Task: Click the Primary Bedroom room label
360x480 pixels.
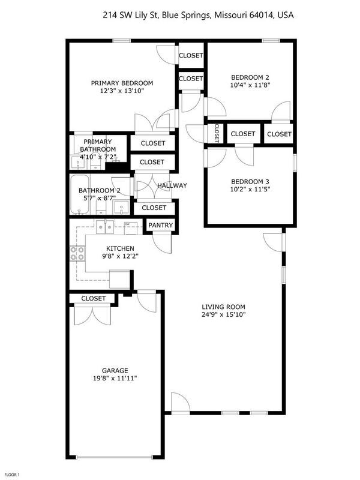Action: [122, 83]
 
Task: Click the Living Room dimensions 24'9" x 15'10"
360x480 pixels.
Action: [224, 314]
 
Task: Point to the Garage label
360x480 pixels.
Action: [115, 370]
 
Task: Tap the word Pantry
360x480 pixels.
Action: [161, 226]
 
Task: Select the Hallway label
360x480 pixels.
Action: [172, 186]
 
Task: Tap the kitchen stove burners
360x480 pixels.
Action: [77, 254]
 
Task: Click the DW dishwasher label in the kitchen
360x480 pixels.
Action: [127, 224]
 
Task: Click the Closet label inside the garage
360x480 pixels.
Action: [94, 298]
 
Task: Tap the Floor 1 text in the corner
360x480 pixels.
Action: [11, 475]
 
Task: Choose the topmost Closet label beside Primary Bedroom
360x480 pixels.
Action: [191, 56]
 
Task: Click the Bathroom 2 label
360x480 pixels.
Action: [100, 191]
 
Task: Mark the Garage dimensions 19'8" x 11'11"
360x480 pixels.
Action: [115, 379]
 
